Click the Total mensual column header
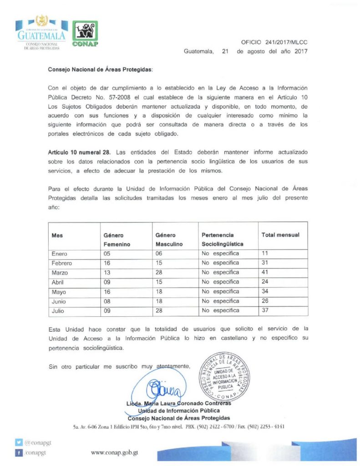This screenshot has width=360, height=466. pyautogui.click(x=280, y=235)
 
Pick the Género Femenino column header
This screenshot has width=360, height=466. pyautogui.click(x=117, y=239)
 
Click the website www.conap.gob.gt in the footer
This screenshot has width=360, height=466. pyautogui.click(x=115, y=453)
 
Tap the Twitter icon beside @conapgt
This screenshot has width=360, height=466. pyautogui.click(x=19, y=442)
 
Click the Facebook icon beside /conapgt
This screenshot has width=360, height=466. pyautogui.click(x=19, y=453)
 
